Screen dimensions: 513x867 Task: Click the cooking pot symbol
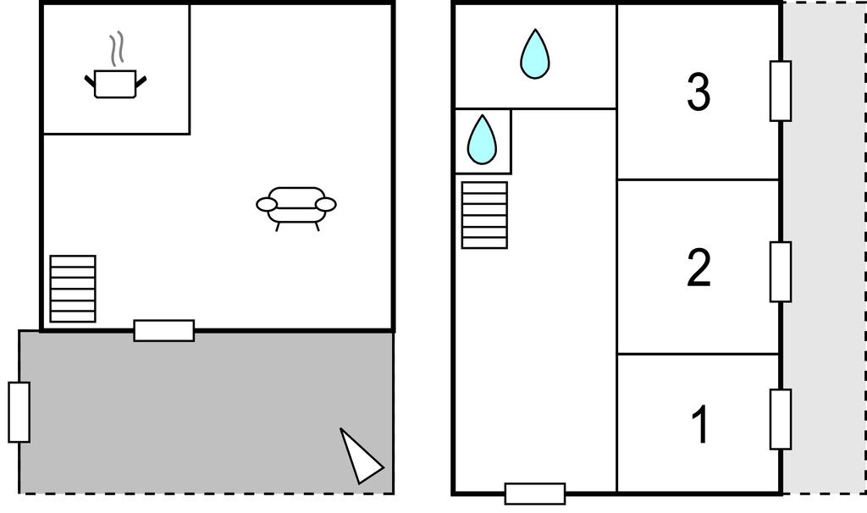[115, 84]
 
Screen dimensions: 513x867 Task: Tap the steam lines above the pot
[117, 49]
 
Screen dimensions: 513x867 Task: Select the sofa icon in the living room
[296, 206]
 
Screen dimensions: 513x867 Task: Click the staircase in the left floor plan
[73, 289]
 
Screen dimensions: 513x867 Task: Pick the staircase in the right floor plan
[484, 215]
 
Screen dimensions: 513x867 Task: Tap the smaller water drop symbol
[483, 140]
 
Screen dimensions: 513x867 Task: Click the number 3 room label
[699, 93]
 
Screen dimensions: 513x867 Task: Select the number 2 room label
[699, 268]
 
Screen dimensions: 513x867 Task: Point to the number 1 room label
[699, 425]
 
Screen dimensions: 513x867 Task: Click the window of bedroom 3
[780, 91]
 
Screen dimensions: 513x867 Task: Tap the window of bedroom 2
[780, 272]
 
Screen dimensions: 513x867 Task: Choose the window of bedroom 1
[780, 419]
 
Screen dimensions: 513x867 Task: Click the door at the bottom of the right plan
[535, 494]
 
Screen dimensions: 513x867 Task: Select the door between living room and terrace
[164, 330]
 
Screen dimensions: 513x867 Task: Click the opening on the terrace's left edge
[19, 412]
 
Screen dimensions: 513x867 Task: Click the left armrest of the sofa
[267, 205]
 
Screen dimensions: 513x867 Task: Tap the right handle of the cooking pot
[141, 80]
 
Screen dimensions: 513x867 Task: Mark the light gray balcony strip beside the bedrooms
[823, 254]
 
